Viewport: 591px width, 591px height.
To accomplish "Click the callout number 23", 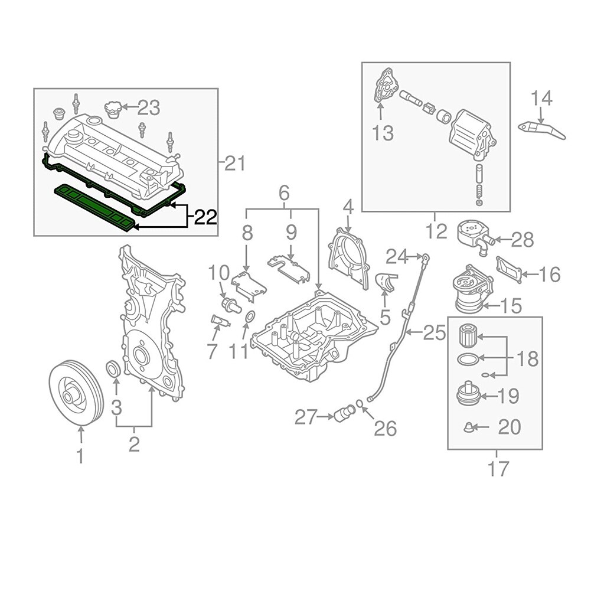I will tap(148, 107).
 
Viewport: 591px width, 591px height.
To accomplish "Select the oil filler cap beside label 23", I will tap(113, 109).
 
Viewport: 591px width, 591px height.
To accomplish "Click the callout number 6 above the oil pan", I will tap(283, 192).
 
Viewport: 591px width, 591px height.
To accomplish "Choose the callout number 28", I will tap(521, 239).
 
